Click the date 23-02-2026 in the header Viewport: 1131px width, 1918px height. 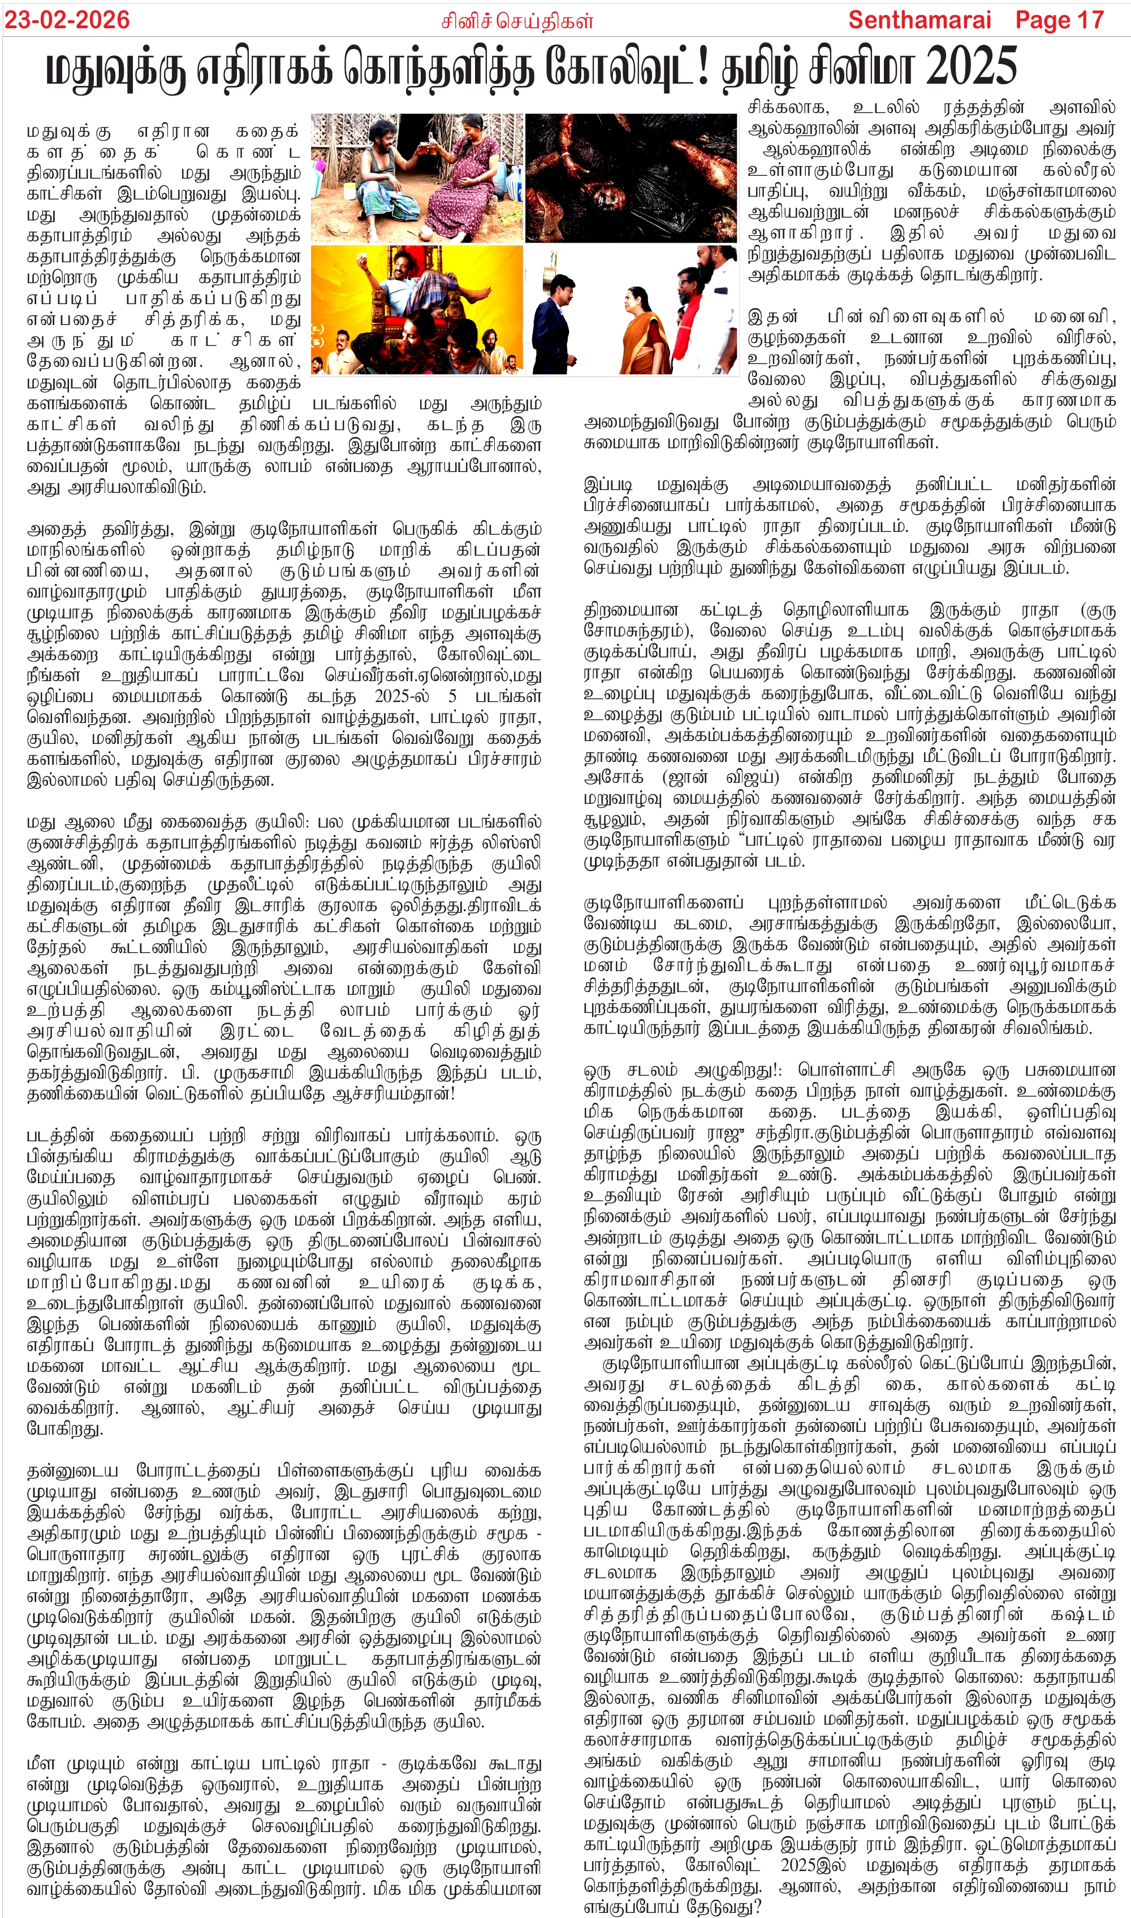click(67, 19)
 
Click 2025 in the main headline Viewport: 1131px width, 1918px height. click(971, 66)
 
